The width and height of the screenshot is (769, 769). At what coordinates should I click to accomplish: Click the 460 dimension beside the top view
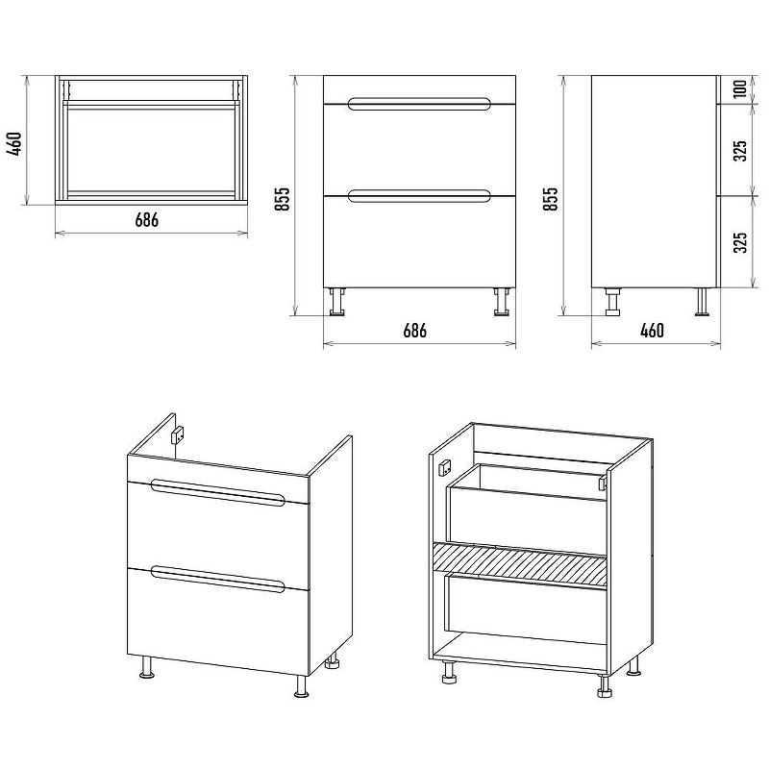(x=14, y=143)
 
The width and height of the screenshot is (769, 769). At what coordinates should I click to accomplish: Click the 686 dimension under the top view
(x=147, y=220)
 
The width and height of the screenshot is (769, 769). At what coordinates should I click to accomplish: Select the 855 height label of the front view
(x=283, y=199)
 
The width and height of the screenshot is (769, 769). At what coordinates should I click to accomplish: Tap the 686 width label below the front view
(x=415, y=331)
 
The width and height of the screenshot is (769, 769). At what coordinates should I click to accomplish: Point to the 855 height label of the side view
(x=550, y=199)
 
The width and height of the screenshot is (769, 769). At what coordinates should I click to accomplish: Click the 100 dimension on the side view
(x=740, y=88)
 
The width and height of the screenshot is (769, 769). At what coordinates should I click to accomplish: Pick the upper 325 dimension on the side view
(x=740, y=151)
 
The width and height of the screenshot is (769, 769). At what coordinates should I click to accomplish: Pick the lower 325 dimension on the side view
(x=740, y=242)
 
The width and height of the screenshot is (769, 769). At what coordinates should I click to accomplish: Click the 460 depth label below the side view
(x=653, y=331)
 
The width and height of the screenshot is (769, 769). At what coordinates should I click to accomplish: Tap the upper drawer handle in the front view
(x=419, y=104)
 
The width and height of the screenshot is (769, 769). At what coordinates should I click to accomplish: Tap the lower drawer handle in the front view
(x=419, y=196)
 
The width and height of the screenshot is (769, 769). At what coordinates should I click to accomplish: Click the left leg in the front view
(x=337, y=302)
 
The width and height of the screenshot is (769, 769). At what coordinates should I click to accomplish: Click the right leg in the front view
(x=502, y=302)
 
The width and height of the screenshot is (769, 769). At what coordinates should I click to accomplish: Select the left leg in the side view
(x=612, y=302)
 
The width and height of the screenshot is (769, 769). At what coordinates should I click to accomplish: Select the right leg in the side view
(x=702, y=302)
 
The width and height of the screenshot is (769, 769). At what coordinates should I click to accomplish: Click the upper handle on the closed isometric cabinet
(x=218, y=491)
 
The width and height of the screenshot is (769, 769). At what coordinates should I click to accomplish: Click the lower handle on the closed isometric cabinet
(x=218, y=580)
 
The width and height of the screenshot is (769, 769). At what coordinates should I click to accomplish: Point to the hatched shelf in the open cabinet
(x=519, y=564)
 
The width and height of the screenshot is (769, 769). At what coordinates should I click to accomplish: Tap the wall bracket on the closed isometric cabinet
(x=178, y=435)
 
